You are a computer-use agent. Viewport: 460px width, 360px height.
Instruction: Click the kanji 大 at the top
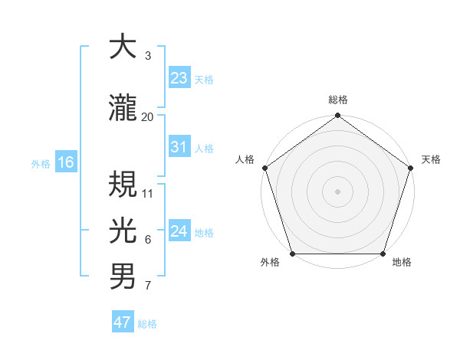click(123, 47)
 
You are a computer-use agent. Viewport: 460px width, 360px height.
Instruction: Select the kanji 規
click(123, 185)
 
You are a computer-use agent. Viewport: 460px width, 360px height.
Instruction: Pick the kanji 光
click(123, 229)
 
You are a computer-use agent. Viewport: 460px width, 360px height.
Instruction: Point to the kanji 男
click(123, 277)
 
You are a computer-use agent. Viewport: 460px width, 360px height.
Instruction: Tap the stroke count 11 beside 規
click(148, 194)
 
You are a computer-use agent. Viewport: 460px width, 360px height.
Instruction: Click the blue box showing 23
click(179, 77)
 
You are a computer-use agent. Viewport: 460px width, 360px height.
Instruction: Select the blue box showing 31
click(179, 147)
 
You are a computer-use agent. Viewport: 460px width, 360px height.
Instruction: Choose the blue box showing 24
click(179, 231)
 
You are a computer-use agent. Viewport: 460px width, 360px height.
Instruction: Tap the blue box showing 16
click(65, 162)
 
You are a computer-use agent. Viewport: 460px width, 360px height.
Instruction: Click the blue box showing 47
click(123, 322)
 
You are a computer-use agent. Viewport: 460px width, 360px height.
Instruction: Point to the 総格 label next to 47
click(147, 324)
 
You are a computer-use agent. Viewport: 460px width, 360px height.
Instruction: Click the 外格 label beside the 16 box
click(41, 163)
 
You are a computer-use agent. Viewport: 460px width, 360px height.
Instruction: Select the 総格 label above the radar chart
click(338, 100)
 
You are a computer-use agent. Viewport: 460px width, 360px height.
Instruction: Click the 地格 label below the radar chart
click(402, 263)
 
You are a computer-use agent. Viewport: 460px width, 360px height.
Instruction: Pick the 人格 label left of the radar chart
click(245, 159)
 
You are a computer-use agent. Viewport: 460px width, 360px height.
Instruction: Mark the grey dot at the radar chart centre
click(338, 191)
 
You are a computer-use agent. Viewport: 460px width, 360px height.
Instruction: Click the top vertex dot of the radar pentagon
click(338, 116)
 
